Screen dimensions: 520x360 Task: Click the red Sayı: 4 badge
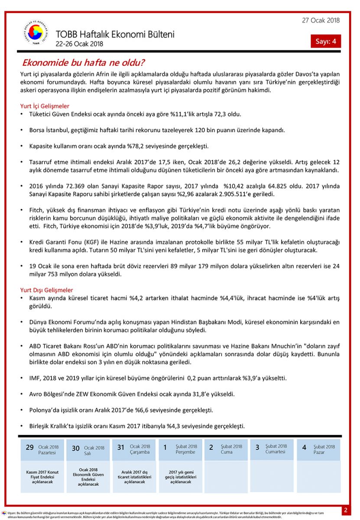click(326, 41)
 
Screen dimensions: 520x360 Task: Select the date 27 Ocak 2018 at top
click(321, 20)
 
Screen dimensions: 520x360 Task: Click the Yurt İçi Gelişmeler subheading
click(45, 106)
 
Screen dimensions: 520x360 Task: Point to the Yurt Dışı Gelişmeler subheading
click(46, 290)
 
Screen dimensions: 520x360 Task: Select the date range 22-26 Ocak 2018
click(79, 44)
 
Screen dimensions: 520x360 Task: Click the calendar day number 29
click(29, 448)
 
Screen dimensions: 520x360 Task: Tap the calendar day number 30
click(76, 448)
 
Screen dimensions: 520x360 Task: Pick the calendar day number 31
click(121, 448)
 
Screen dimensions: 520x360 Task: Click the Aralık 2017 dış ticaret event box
click(134, 477)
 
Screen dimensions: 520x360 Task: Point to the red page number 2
click(346, 510)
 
